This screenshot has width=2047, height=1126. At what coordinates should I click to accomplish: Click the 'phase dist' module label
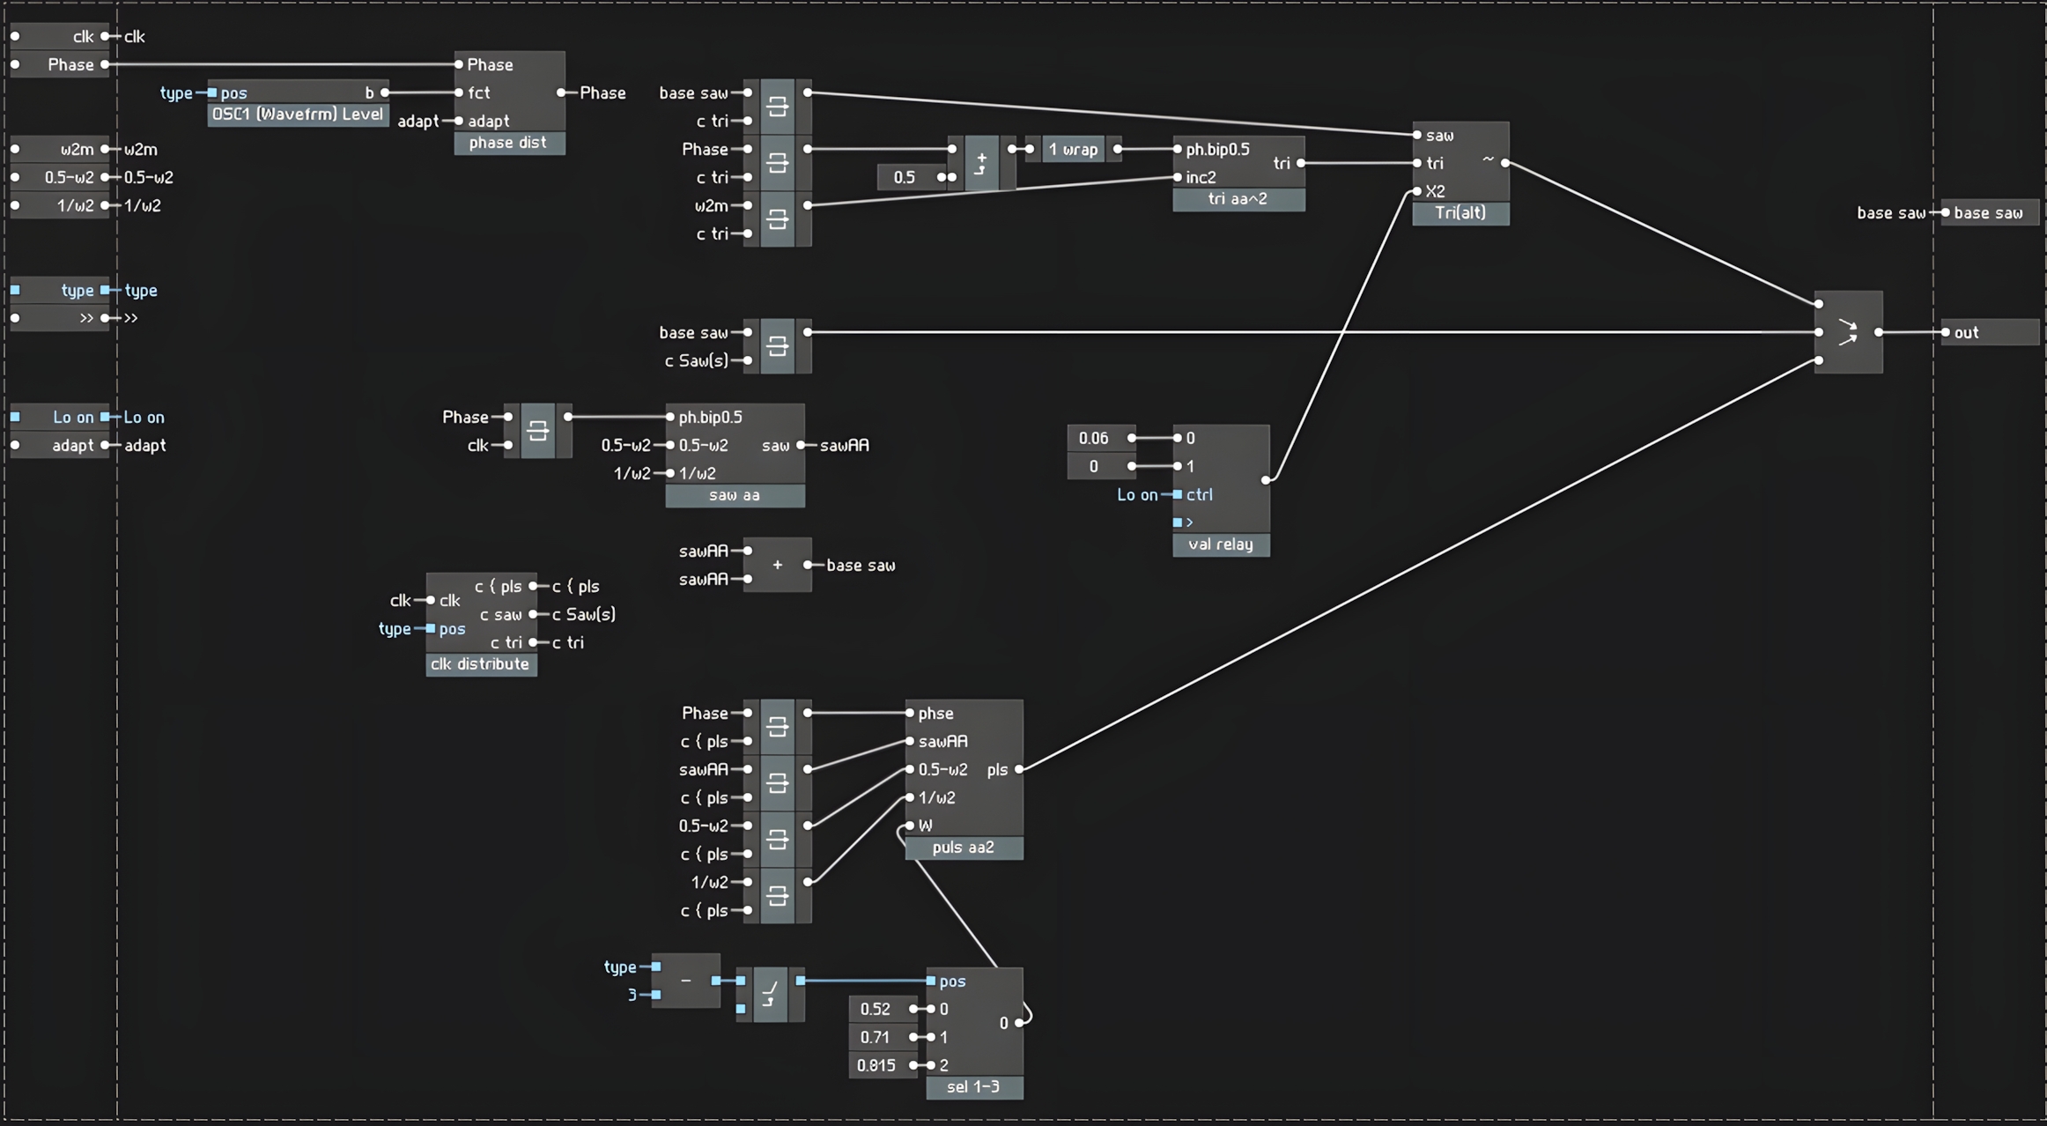click(508, 143)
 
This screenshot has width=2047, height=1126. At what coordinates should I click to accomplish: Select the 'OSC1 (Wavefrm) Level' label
click(298, 115)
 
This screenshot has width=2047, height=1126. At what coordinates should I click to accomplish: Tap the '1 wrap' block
click(1073, 149)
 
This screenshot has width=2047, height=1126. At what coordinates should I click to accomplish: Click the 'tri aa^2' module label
click(1238, 199)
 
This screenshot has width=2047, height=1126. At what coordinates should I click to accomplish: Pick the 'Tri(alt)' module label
click(1460, 212)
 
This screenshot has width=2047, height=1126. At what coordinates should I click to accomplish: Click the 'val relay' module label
click(1220, 544)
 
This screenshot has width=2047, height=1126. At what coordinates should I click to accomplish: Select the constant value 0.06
click(1093, 438)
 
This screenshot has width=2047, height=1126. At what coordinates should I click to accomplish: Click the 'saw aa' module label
click(734, 495)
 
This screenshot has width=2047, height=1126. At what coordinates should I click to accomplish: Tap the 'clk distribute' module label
click(480, 664)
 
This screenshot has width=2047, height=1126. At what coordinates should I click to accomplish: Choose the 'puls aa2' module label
click(963, 848)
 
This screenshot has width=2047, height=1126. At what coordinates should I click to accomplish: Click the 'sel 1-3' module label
click(973, 1087)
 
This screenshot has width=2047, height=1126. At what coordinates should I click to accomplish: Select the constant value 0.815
click(876, 1065)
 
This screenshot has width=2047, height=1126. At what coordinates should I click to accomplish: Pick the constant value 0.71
click(875, 1037)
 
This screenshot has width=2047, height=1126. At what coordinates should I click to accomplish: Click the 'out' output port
click(1946, 332)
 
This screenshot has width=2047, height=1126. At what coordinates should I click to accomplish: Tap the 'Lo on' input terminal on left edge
click(16, 417)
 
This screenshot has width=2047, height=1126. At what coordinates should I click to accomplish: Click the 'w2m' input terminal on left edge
click(16, 149)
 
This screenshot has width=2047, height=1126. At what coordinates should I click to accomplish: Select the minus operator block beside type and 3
click(686, 981)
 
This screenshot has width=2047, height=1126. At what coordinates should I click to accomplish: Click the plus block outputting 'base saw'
click(777, 565)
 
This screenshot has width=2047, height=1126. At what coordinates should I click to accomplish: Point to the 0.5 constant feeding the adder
click(905, 177)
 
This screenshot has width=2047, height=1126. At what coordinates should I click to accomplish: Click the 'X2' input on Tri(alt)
click(1417, 191)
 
